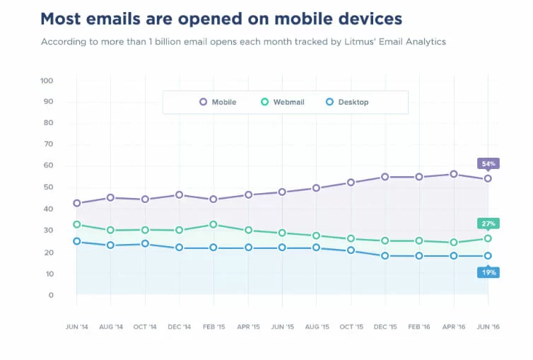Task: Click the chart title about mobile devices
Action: [x=221, y=18]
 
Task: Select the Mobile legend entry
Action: [x=218, y=102]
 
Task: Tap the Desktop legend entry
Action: [x=346, y=102]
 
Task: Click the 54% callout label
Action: [x=488, y=163]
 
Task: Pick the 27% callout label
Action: [x=488, y=223]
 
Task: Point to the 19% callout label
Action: [x=488, y=272]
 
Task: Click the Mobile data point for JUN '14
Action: [x=76, y=203]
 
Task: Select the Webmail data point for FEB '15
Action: [x=213, y=224]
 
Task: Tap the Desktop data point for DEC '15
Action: [x=385, y=256]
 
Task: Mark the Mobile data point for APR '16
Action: [x=453, y=174]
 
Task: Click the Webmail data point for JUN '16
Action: [x=488, y=238]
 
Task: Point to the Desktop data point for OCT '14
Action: [x=145, y=244]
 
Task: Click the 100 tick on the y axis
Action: [x=47, y=81]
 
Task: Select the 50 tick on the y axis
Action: [x=47, y=187]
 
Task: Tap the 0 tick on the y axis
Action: [x=51, y=295]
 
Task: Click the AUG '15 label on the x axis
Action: [x=316, y=327]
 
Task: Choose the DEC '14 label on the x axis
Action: [x=180, y=327]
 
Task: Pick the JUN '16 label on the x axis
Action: [x=487, y=327]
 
